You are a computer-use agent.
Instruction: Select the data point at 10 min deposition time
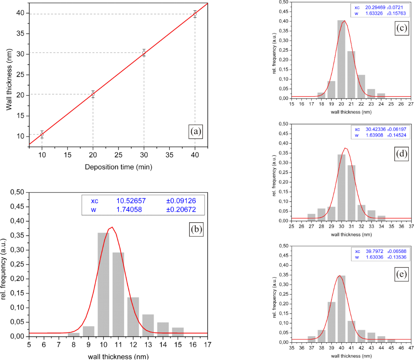42,134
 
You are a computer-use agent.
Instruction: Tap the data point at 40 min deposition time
195,14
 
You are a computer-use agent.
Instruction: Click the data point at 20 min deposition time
93,94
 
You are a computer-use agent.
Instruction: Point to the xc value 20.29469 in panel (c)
376,7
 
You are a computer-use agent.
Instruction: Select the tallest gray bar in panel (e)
341,309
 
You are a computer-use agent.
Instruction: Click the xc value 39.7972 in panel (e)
374,251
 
